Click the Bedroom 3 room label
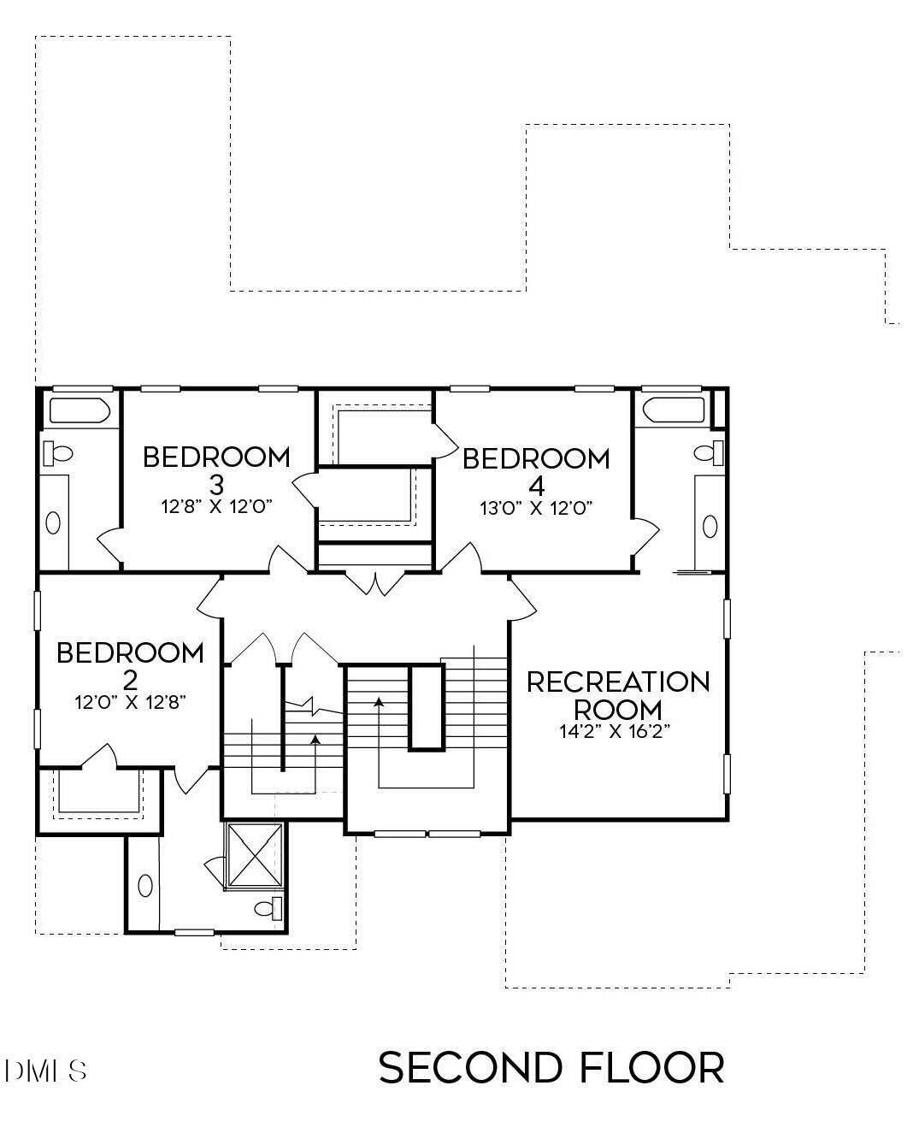pos(216,469)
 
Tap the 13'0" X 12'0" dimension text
pos(536,507)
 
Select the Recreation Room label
pos(617,694)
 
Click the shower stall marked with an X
pos(253,854)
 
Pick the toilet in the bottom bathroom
pos(269,908)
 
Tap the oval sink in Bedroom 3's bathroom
pos(53,522)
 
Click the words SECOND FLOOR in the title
pos(551,1068)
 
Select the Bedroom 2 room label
pos(130,665)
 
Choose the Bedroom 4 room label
pos(536,470)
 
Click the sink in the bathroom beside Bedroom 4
pos(710,526)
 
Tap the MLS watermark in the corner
pos(46,1071)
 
